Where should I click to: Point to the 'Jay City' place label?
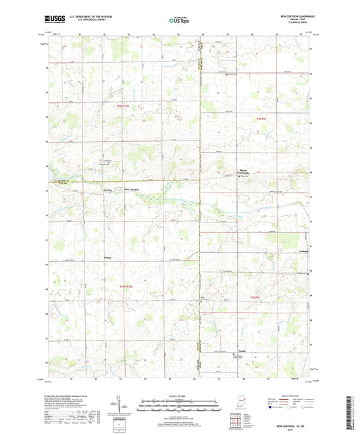[111, 190]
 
